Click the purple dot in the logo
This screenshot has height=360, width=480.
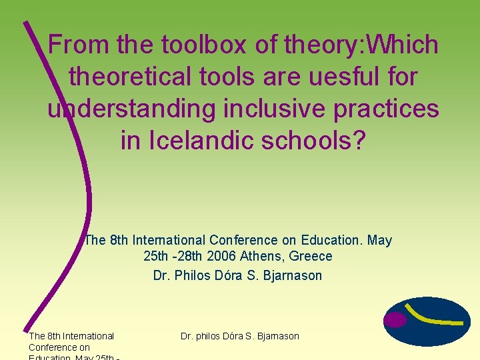(395, 321)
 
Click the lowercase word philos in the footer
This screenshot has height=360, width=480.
(211, 336)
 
